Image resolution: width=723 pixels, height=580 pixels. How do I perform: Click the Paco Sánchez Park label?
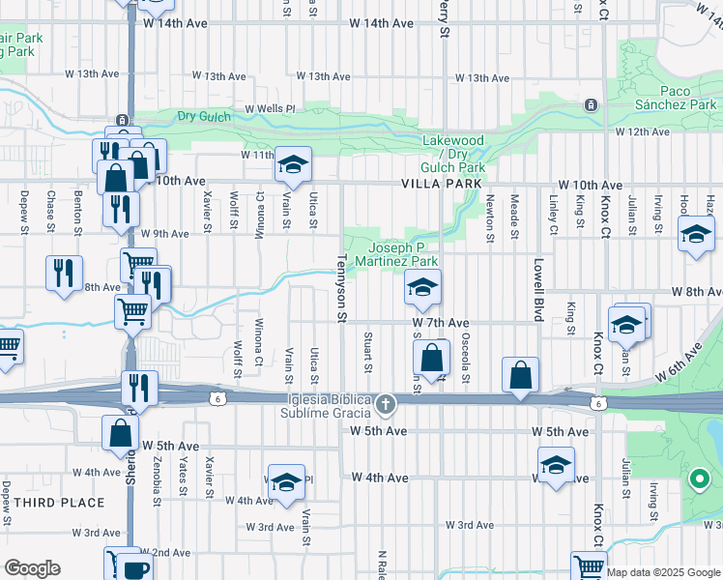click(676, 98)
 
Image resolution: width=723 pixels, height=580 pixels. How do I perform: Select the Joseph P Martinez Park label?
click(396, 254)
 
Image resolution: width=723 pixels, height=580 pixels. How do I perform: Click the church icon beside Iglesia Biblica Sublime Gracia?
click(386, 402)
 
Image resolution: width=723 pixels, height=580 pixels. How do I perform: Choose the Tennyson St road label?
click(341, 289)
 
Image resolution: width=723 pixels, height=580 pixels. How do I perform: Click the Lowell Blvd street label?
click(535, 290)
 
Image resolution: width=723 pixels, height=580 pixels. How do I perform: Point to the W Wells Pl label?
click(269, 109)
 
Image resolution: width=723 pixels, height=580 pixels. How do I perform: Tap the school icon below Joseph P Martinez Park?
click(422, 287)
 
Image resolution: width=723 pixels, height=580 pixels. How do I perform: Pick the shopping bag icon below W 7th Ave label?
click(434, 358)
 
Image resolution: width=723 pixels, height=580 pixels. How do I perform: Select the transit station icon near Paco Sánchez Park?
click(590, 104)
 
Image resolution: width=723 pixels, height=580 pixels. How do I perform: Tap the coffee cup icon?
click(135, 569)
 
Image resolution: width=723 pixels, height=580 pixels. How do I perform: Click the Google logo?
click(32, 569)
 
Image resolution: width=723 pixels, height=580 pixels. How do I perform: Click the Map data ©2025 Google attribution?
click(663, 572)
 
